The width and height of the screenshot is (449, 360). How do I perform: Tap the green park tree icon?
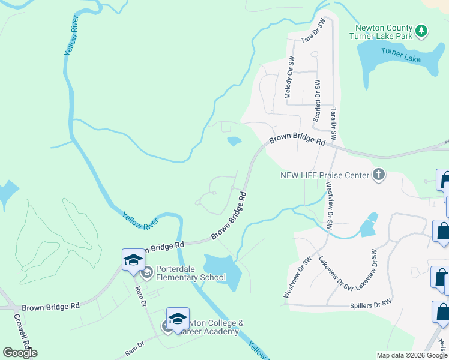point(422,29)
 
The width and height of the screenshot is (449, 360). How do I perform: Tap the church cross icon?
point(379,175)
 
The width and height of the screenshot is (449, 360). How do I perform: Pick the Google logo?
point(20,353)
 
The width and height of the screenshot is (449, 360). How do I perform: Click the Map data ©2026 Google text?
point(412,355)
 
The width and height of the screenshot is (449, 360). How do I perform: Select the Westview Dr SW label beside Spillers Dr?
point(297,278)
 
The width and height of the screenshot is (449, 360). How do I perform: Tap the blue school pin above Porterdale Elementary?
point(133,260)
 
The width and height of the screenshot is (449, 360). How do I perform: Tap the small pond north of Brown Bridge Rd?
point(234,142)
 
